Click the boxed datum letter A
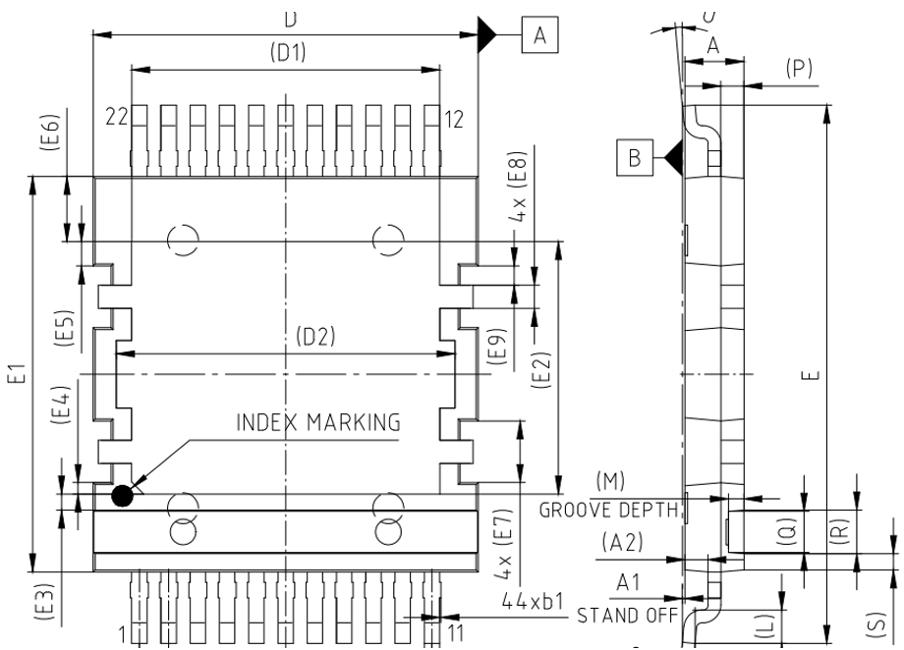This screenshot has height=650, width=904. pyautogui.click(x=538, y=35)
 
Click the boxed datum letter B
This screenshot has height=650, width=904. pyautogui.click(x=635, y=155)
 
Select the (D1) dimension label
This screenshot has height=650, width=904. pyautogui.click(x=287, y=54)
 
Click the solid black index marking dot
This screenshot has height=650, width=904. pyautogui.click(x=122, y=496)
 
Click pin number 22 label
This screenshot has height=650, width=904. pyautogui.click(x=118, y=118)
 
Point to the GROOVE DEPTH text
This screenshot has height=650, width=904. pyautogui.click(x=609, y=510)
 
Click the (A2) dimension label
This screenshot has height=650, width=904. pyautogui.click(x=622, y=541)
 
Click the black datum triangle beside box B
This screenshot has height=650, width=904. pyautogui.click(x=672, y=155)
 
